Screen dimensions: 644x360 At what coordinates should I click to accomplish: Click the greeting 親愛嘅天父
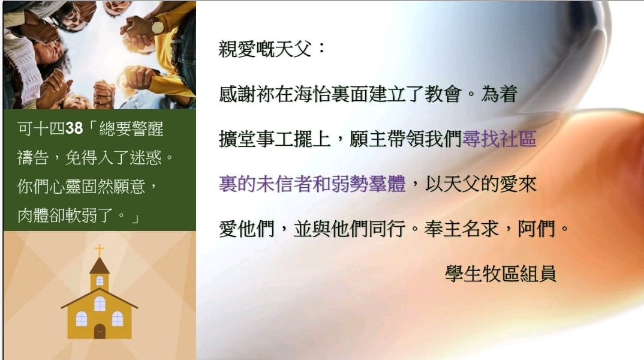pyautogui.click(x=265, y=49)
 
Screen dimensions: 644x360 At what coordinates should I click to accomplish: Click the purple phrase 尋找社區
pyautogui.click(x=499, y=139)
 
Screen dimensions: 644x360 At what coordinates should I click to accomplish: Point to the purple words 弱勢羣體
pyautogui.click(x=368, y=184)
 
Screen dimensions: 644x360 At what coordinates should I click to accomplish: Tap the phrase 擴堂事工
pyautogui.click(x=256, y=139)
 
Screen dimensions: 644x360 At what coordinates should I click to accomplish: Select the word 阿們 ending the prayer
pyautogui.click(x=536, y=229)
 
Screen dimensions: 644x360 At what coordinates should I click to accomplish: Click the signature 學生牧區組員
pyautogui.click(x=501, y=273)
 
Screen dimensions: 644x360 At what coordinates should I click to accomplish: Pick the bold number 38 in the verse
pyautogui.click(x=74, y=128)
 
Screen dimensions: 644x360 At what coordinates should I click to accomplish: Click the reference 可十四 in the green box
pyautogui.click(x=41, y=128)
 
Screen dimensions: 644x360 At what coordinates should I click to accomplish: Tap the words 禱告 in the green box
pyautogui.click(x=33, y=157)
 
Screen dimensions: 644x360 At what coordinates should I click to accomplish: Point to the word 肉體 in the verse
pyautogui.click(x=33, y=215)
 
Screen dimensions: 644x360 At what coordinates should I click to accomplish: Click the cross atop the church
pyautogui.click(x=100, y=250)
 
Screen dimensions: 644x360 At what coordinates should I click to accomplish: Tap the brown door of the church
pyautogui.click(x=100, y=331)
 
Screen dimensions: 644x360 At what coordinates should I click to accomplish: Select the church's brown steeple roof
pyautogui.click(x=100, y=266)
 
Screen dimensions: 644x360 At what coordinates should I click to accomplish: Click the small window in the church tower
pyautogui.click(x=100, y=281)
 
